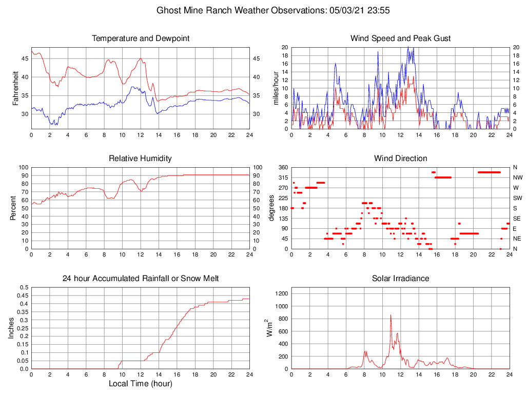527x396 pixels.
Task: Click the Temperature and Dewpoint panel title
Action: click(140, 38)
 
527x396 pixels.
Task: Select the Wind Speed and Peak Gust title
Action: click(400, 38)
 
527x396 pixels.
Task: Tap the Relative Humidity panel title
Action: click(140, 159)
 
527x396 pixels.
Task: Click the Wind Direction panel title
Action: click(400, 159)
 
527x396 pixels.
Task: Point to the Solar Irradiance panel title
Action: click(400, 279)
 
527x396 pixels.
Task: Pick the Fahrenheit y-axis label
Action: click(15, 88)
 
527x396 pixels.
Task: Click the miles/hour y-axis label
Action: click(276, 88)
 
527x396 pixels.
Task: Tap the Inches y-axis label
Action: click(12, 328)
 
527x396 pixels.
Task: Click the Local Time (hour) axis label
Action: click(140, 384)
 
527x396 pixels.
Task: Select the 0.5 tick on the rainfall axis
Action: click(24, 288)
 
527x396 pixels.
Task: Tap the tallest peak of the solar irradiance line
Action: click(391, 315)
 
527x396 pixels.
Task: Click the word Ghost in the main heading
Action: click(168, 10)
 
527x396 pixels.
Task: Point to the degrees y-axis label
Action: click(272, 208)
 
